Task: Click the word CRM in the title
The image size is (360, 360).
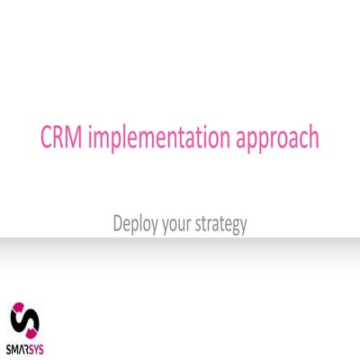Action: [x=60, y=139]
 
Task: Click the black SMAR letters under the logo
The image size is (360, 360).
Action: [x=19, y=349]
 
